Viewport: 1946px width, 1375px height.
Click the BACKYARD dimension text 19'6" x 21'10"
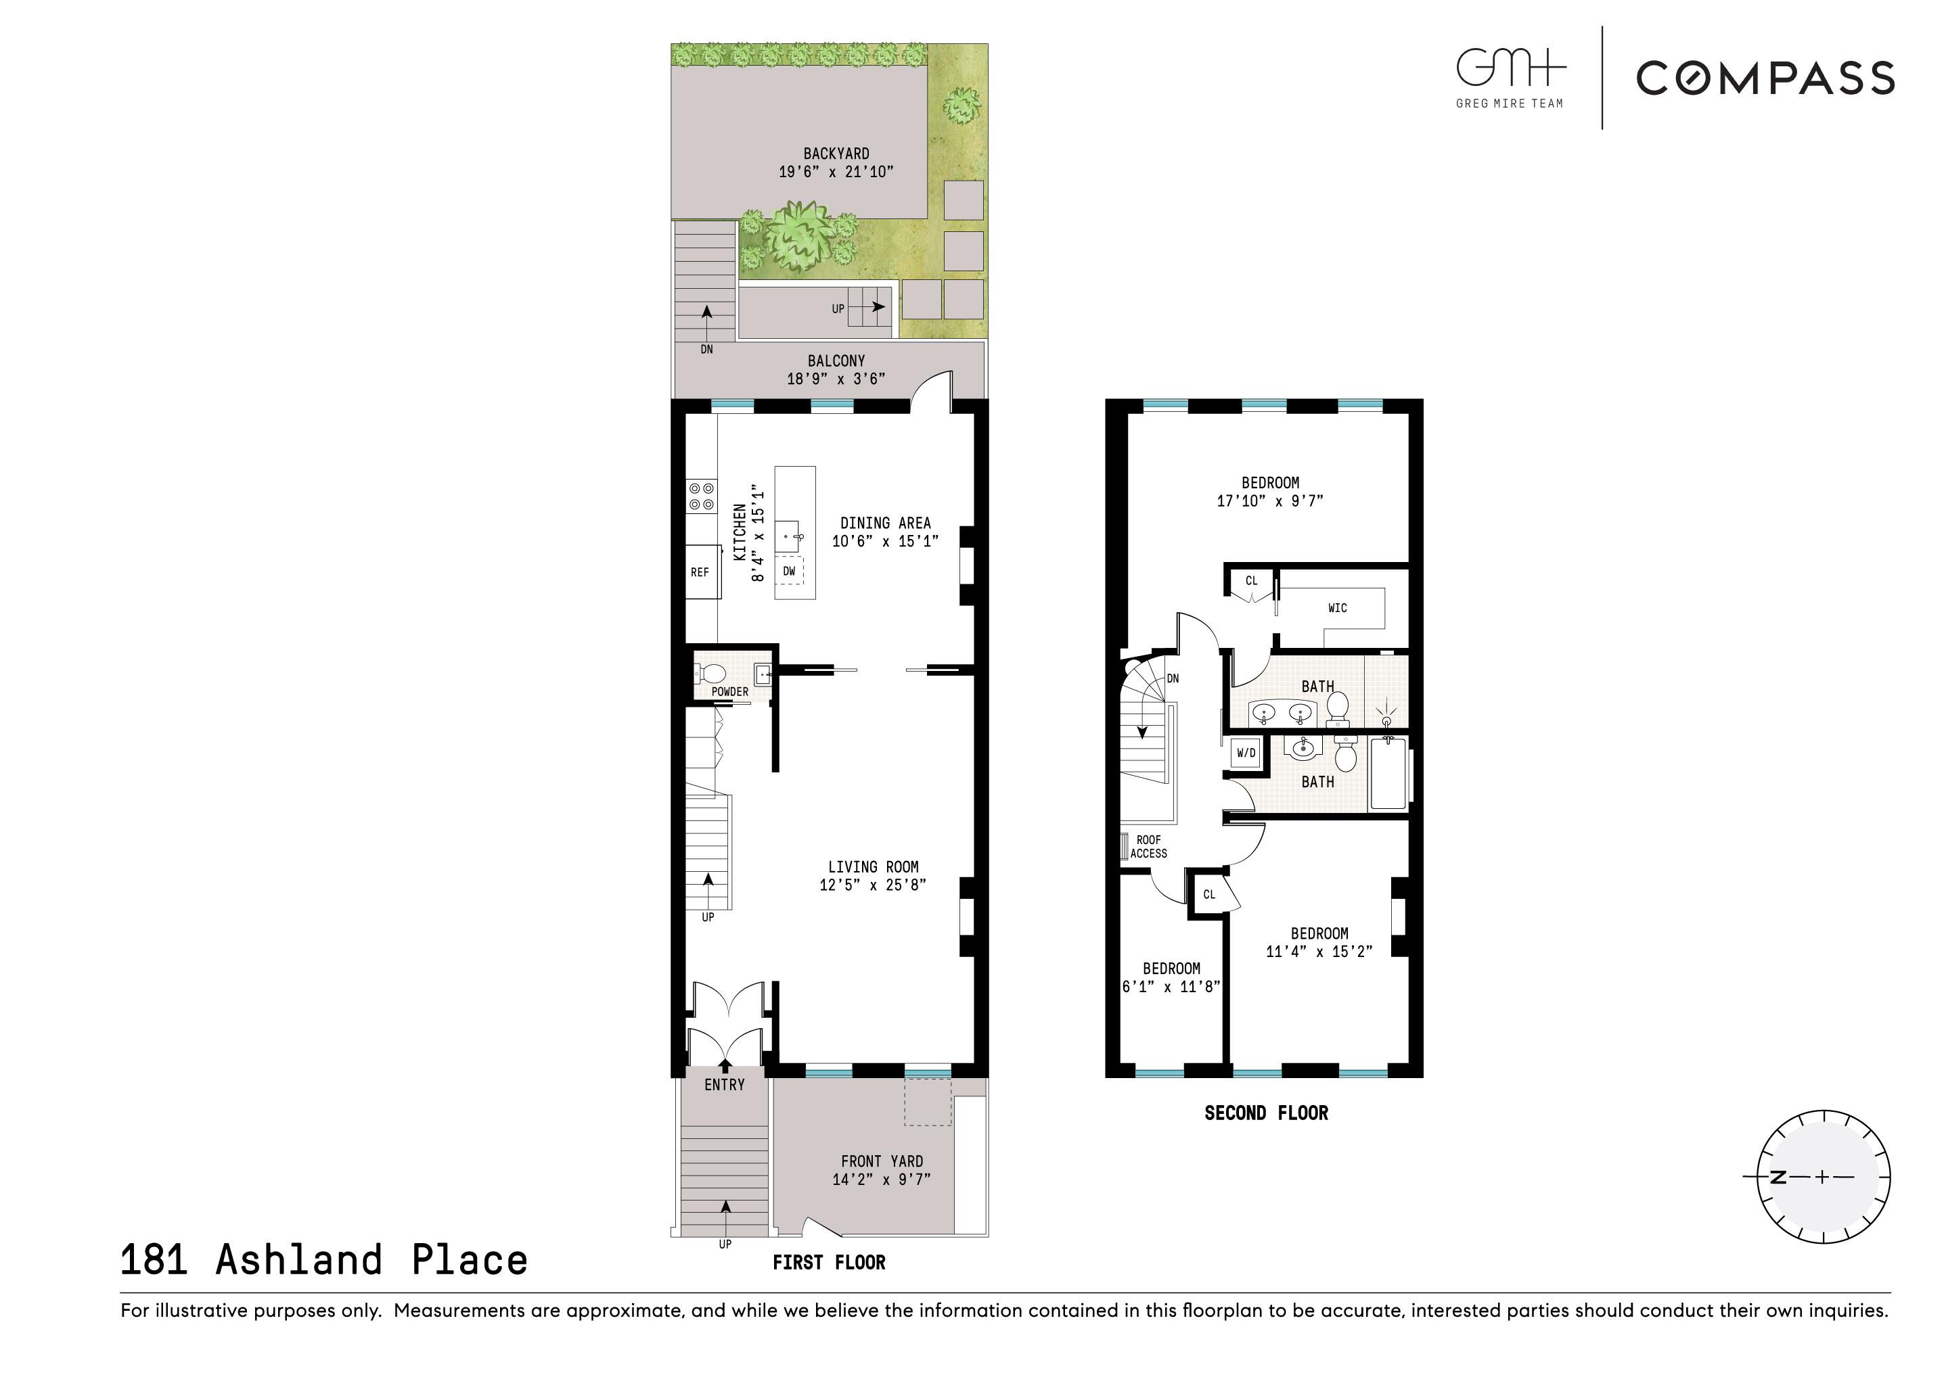[x=836, y=172]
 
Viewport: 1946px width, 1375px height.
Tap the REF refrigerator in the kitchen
[x=700, y=573]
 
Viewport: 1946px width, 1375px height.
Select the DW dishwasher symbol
[x=789, y=572]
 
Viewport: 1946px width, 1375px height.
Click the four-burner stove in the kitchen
[x=701, y=496]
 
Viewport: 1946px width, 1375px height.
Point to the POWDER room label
[x=729, y=692]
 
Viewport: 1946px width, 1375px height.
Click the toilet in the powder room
[x=711, y=674]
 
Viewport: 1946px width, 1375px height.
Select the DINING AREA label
[x=885, y=523]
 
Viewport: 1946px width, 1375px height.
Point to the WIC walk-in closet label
[x=1338, y=608]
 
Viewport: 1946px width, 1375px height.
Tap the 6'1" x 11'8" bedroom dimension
[x=1171, y=987]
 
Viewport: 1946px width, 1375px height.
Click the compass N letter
[x=1778, y=1178]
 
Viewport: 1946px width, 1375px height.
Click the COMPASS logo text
[x=1765, y=78]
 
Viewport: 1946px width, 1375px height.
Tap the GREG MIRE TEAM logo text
[x=1510, y=103]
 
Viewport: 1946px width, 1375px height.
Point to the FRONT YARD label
[x=882, y=1161]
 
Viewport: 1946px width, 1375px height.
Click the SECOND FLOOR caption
[x=1266, y=1113]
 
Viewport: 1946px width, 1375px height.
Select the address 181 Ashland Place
[x=323, y=1261]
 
